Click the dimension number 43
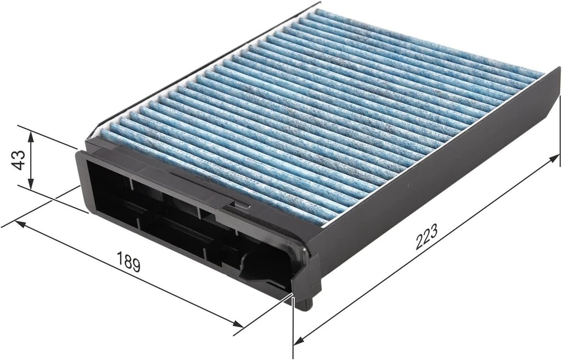(x=19, y=160)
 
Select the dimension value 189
(x=128, y=261)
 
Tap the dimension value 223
(x=426, y=237)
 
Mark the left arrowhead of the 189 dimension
(x=20, y=224)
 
